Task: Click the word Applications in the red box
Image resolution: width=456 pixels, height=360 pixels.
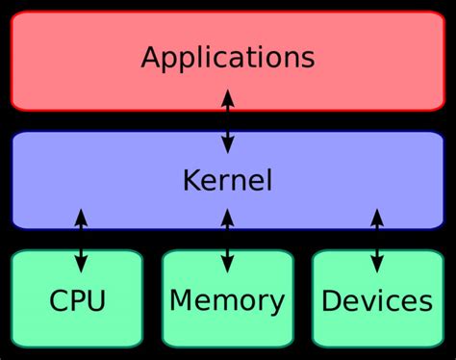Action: point(227,57)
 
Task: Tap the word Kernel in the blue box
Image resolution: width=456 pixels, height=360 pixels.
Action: point(227,180)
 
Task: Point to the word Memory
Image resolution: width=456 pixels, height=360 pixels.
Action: point(227,301)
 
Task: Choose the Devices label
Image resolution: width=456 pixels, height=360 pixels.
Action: point(376,301)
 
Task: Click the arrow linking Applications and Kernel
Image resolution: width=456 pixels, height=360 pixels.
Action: point(227,120)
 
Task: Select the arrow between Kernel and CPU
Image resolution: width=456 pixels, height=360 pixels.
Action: point(81,241)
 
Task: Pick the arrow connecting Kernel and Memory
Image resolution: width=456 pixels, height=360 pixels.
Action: point(227,241)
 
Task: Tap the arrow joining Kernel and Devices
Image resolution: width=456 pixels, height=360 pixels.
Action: point(376,241)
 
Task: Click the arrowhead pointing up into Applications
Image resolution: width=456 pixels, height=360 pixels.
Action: point(227,95)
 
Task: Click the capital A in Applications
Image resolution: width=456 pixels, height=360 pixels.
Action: point(151,57)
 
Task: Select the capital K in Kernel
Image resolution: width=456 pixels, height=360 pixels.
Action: point(190,180)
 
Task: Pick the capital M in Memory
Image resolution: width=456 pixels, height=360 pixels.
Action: point(180,301)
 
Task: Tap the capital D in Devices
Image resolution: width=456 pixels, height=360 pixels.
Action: point(331,301)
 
